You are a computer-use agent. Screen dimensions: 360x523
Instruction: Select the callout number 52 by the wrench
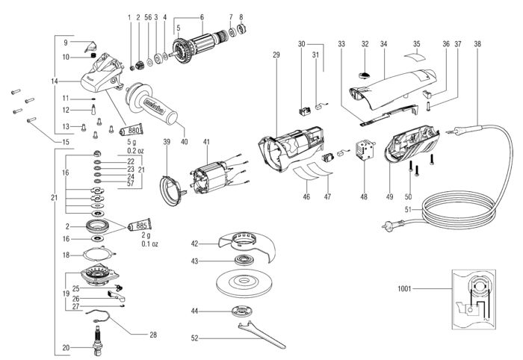(194, 338)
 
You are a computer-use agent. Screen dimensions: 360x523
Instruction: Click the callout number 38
(477, 45)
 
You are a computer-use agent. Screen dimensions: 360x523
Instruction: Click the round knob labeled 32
(365, 75)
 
